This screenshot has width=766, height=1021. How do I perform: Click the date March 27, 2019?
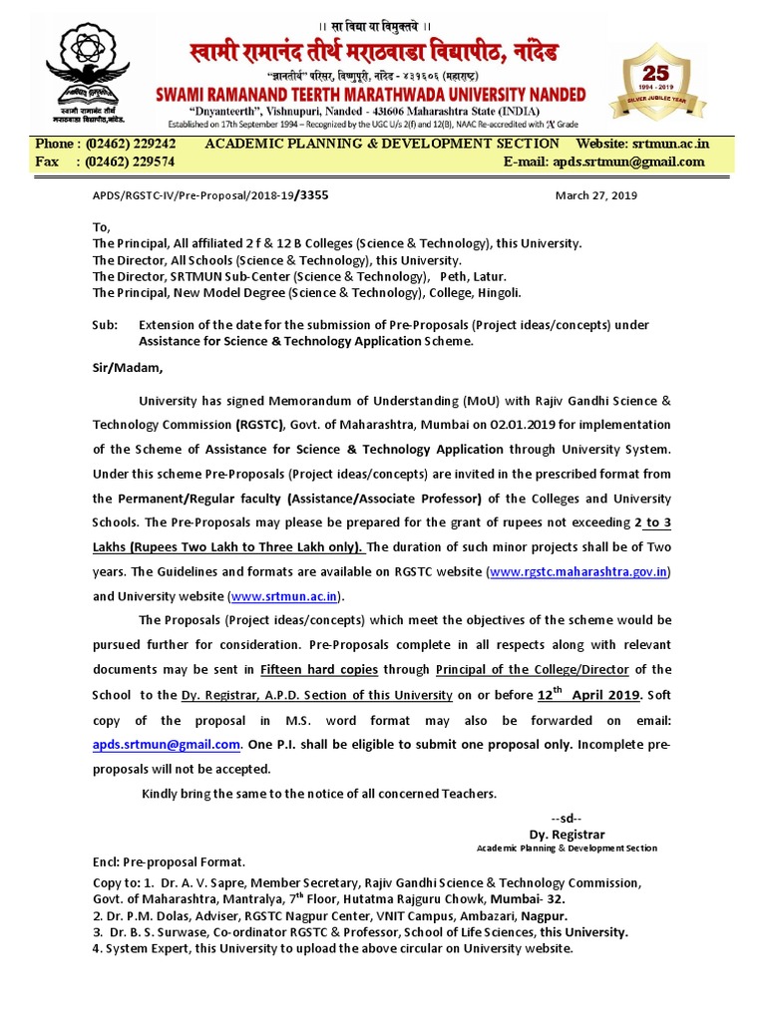pos(595,195)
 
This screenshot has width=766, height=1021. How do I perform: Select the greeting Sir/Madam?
pos(127,368)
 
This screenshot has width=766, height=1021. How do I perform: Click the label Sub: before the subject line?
pos(104,324)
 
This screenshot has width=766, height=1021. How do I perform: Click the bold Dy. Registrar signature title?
pos(567,835)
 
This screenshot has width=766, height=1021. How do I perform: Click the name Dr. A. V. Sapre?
pos(199,883)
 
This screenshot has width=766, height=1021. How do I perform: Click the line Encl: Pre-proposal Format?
pos(168,861)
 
